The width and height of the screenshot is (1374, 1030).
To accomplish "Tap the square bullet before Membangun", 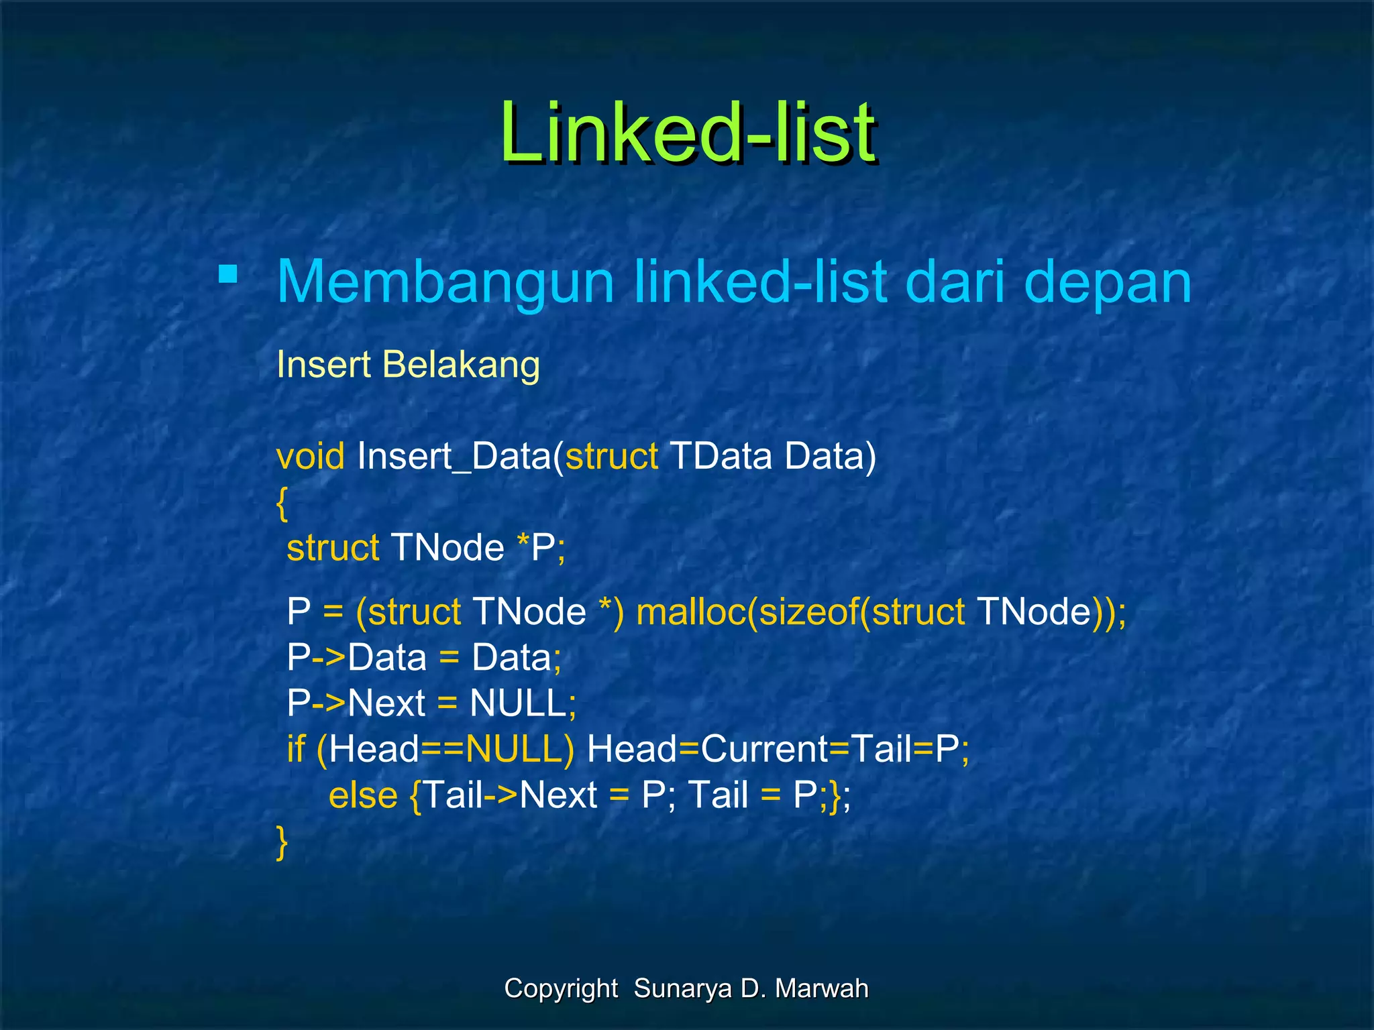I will point(228,274).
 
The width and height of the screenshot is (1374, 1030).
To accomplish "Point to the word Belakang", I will point(461,365).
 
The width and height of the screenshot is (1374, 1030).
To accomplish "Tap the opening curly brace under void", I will point(282,503).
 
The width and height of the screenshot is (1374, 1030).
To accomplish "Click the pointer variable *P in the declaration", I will point(536,548).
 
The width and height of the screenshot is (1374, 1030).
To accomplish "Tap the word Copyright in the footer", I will point(561,989).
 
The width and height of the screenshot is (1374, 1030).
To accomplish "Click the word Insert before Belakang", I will point(323,365).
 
